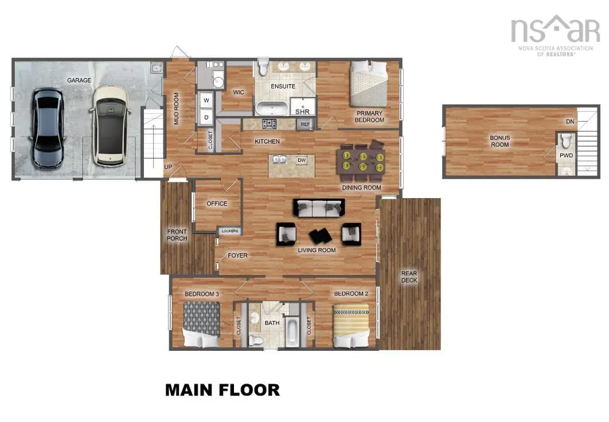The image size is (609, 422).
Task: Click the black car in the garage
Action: click(x=48, y=127)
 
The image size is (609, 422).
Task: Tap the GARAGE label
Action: click(x=79, y=80)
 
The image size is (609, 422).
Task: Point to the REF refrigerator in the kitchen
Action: click(x=304, y=124)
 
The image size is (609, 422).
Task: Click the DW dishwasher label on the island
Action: click(x=302, y=160)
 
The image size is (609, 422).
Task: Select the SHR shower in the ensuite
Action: click(x=302, y=107)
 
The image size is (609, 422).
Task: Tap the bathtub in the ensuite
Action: click(x=272, y=108)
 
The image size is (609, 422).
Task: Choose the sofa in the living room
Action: click(x=319, y=208)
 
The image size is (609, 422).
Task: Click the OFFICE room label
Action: click(x=217, y=203)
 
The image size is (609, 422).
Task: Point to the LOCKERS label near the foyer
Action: click(x=229, y=231)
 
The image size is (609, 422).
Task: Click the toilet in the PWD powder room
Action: click(x=565, y=141)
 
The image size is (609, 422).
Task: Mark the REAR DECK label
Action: click(x=409, y=277)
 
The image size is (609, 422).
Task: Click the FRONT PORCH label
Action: click(x=177, y=235)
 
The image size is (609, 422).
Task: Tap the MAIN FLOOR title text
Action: click(x=222, y=390)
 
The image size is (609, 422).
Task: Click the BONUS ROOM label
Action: click(x=499, y=141)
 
